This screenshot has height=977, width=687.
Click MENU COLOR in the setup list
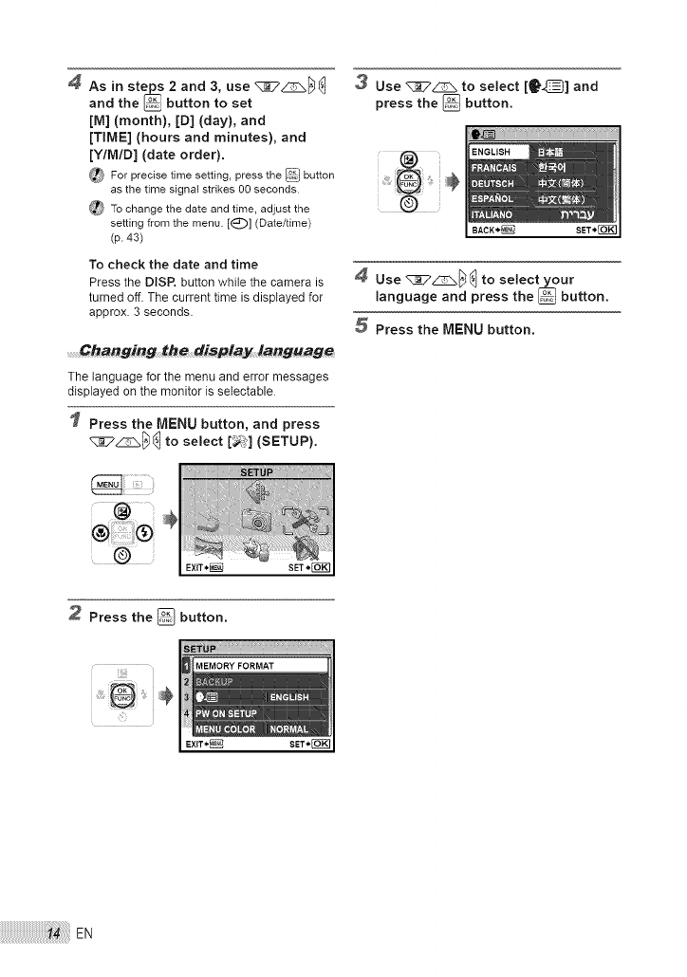coord(226,729)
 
